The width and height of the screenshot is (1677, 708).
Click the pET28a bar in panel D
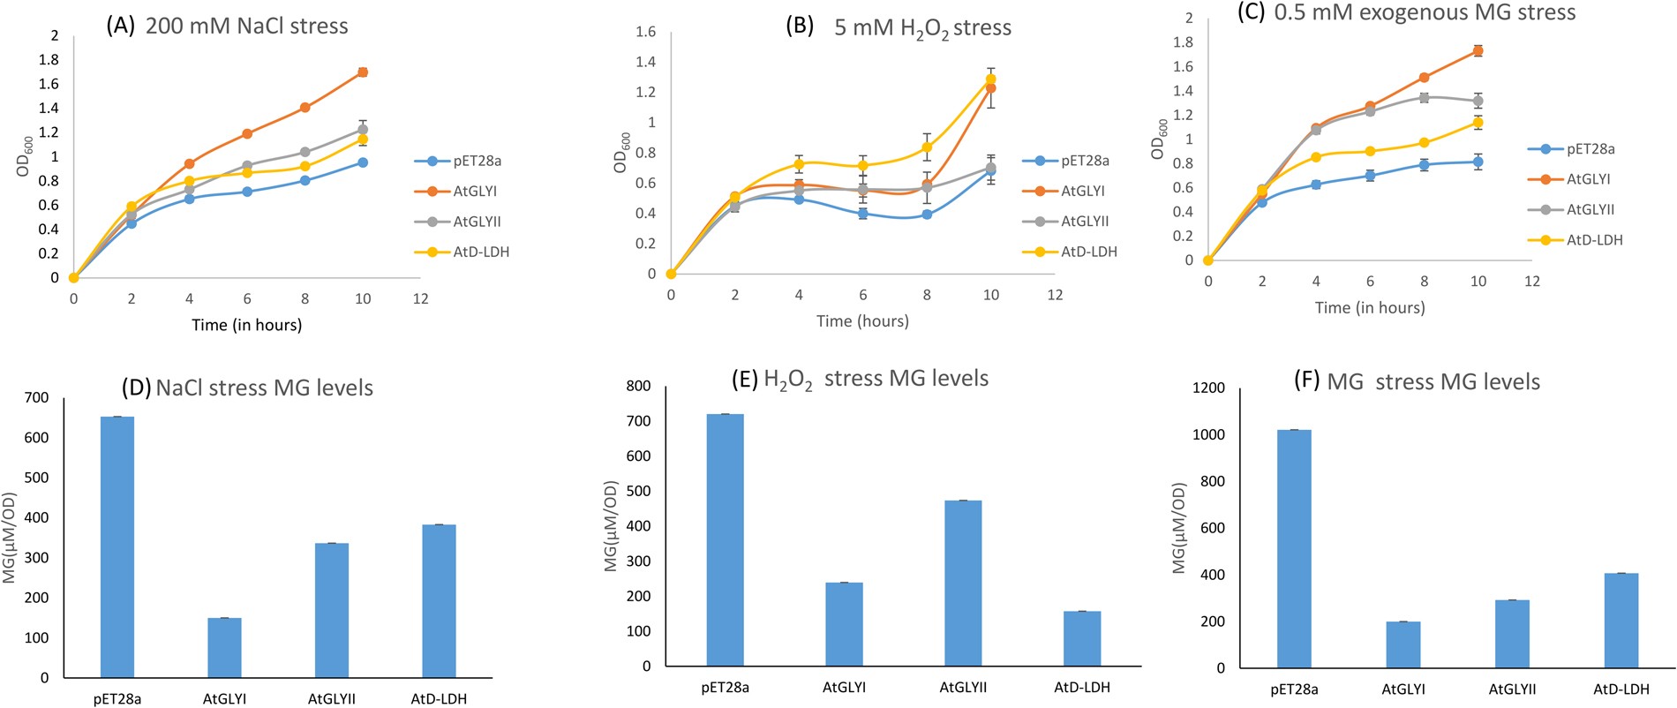pyautogui.click(x=117, y=546)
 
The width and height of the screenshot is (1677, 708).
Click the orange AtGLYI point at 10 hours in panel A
pyautogui.click(x=363, y=72)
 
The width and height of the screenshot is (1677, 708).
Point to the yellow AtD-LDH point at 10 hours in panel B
pyautogui.click(x=991, y=79)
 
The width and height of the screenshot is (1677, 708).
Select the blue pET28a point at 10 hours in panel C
pyautogui.click(x=1478, y=162)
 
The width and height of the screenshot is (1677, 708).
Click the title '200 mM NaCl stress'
pyautogui.click(x=246, y=26)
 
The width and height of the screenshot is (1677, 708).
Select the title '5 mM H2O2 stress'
pyautogui.click(x=921, y=27)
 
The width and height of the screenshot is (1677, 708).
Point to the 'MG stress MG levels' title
pyautogui.click(x=1433, y=382)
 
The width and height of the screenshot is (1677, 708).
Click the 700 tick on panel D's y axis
pyautogui.click(x=37, y=397)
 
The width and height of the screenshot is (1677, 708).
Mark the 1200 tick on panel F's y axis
pyautogui.click(x=1208, y=388)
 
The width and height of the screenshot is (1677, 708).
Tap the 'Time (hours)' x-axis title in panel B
pyautogui.click(x=862, y=320)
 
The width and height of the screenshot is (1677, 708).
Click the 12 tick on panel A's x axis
pyautogui.click(x=421, y=298)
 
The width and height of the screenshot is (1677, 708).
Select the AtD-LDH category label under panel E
pyautogui.click(x=1082, y=687)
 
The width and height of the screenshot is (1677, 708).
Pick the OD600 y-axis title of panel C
pyautogui.click(x=1160, y=139)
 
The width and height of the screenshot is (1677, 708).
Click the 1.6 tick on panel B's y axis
pyautogui.click(x=645, y=32)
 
